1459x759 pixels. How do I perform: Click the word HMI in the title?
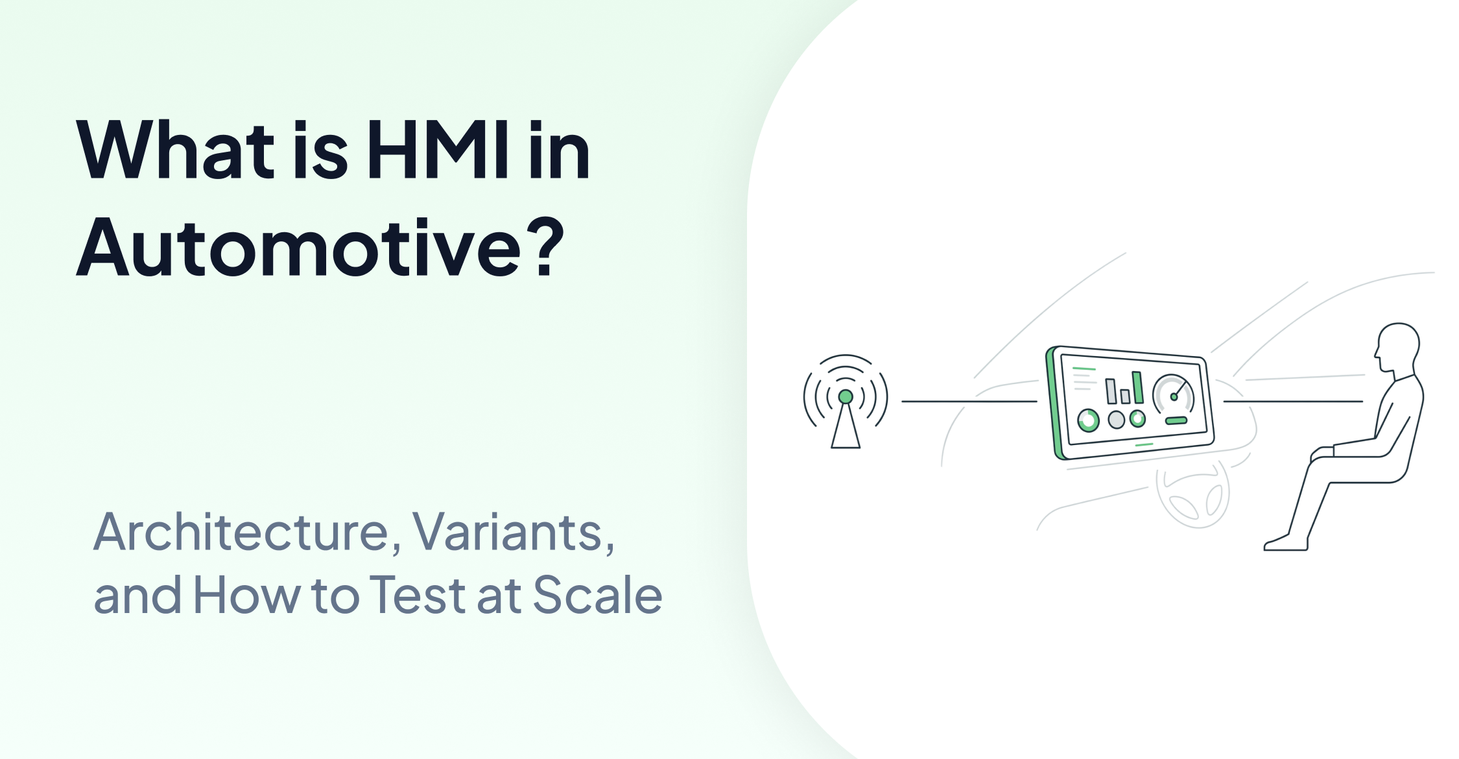pyautogui.click(x=437, y=151)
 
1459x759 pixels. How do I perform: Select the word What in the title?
pyautogui.click(x=175, y=151)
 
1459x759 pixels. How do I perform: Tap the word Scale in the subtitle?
pyautogui.click(x=597, y=596)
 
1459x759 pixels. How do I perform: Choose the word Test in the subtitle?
pyautogui.click(x=418, y=596)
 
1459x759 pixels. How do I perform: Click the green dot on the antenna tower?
pyautogui.click(x=846, y=396)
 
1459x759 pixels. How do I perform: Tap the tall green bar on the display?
pyautogui.click(x=1137, y=387)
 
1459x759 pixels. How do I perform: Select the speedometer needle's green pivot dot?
pyautogui.click(x=1174, y=397)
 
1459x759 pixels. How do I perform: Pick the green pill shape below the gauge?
pyautogui.click(x=1176, y=421)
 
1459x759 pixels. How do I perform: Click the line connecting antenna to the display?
pyautogui.click(x=969, y=402)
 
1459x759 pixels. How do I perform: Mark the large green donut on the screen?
pyautogui.click(x=1088, y=420)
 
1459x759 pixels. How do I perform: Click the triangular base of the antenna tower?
pyautogui.click(x=846, y=431)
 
